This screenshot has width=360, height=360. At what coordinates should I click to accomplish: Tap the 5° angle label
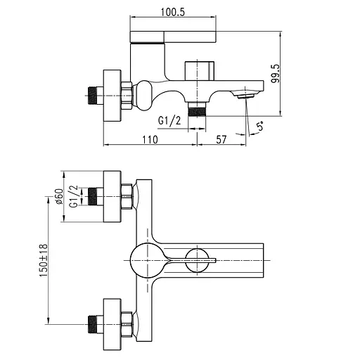(259, 127)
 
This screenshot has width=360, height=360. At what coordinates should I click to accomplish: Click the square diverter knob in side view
(199, 72)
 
